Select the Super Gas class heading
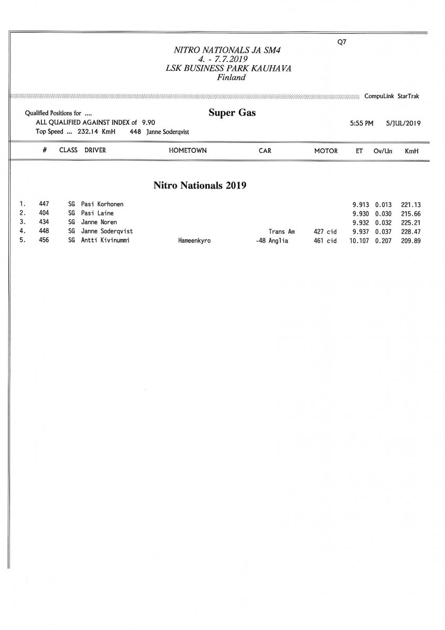click(x=232, y=113)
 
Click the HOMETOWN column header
click(x=187, y=151)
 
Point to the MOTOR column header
click(x=325, y=151)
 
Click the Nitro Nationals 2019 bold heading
click(x=200, y=185)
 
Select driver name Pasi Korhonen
click(x=102, y=204)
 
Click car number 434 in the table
click(x=44, y=222)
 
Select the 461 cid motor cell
click(x=325, y=241)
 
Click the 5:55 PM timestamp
click(x=362, y=123)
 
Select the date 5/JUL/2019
click(x=404, y=123)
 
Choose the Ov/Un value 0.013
click(x=384, y=204)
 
